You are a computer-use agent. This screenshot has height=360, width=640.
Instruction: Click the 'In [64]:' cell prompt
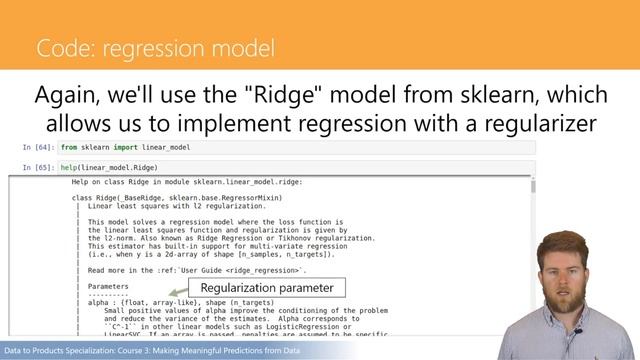click(x=37, y=147)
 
